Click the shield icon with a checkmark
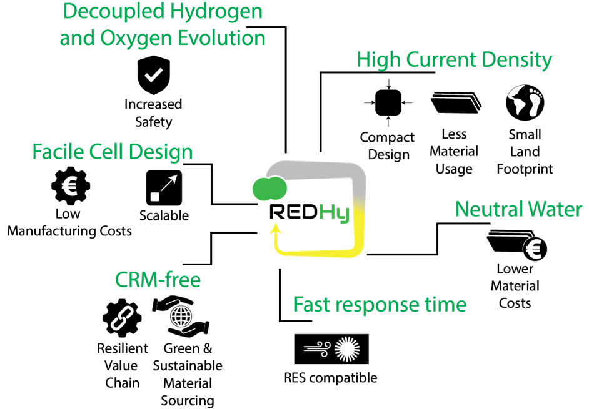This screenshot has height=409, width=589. click(153, 75)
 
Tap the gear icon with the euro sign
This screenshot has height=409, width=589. click(70, 185)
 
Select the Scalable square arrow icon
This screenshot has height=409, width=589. click(164, 187)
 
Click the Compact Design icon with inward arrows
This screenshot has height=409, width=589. click(388, 102)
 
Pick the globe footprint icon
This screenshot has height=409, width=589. click(524, 102)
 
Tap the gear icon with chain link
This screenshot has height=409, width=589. click(122, 318)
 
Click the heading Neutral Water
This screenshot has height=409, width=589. click(518, 209)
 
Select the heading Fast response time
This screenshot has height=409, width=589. click(380, 305)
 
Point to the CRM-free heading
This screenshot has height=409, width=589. click(158, 280)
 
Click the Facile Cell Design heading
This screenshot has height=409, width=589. click(113, 152)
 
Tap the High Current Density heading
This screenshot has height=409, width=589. click(454, 60)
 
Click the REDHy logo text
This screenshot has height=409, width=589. click(309, 212)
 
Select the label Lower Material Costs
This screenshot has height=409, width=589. click(515, 286)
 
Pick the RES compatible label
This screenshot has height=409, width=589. click(330, 378)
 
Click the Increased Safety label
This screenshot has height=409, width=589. click(153, 112)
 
